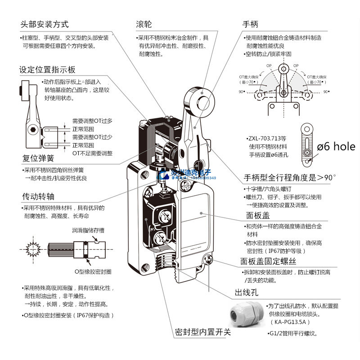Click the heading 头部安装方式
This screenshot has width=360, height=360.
[x=44, y=24]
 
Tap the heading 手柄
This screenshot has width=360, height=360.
[x=251, y=24]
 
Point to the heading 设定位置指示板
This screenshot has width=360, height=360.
[x=47, y=70]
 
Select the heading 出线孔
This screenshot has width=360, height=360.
[x=245, y=293]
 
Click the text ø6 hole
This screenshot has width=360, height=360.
[x=336, y=146]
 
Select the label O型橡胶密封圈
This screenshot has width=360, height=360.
[x=93, y=271]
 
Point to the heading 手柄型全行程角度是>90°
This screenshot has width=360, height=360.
[x=290, y=177]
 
